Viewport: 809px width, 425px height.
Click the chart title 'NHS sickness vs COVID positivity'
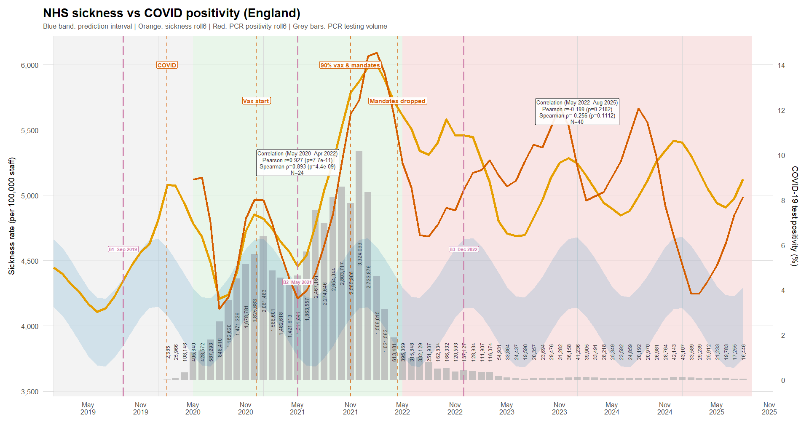tap(171, 13)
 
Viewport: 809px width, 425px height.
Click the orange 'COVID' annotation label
tap(167, 65)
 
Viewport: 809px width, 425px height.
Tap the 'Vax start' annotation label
tap(256, 101)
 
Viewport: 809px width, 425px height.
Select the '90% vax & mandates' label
tap(350, 65)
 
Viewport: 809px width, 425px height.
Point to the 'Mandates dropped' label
tap(397, 101)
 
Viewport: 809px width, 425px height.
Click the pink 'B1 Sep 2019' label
tap(123, 249)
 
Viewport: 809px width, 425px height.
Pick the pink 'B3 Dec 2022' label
tap(463, 249)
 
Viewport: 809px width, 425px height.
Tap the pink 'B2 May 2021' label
tap(297, 282)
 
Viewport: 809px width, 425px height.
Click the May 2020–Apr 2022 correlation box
tap(297, 163)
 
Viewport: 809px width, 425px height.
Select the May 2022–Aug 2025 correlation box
tap(577, 112)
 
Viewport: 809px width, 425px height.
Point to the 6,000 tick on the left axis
tap(29, 65)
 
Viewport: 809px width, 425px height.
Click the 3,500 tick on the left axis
tap(29, 392)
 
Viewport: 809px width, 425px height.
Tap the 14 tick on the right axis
tap(781, 65)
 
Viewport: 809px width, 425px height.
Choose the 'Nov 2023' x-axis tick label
tap(559, 409)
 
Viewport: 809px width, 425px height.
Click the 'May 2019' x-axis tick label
tap(88, 409)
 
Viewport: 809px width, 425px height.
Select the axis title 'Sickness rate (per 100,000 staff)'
tap(12, 216)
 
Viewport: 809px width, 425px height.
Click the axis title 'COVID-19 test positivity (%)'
tap(795, 216)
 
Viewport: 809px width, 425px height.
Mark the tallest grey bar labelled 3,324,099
tap(359, 265)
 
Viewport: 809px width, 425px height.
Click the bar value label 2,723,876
tap(369, 277)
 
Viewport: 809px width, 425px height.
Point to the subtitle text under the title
tap(215, 27)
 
